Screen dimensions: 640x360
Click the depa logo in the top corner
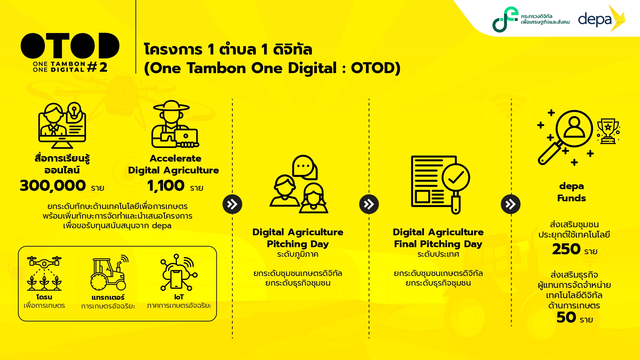point(601,19)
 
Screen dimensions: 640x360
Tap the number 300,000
point(53,186)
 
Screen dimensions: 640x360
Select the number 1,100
point(166,186)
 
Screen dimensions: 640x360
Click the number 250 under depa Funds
point(566,249)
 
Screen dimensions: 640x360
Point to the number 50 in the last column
point(566,317)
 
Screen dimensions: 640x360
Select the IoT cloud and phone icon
point(179,272)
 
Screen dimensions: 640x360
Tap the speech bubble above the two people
point(305,167)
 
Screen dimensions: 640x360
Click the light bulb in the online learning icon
point(74,110)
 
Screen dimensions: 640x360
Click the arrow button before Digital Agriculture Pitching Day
point(232,204)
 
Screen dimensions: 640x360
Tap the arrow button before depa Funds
point(511,204)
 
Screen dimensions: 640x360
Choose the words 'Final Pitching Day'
point(438,244)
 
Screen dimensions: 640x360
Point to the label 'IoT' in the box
point(179,297)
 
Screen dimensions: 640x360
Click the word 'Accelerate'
point(176,158)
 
